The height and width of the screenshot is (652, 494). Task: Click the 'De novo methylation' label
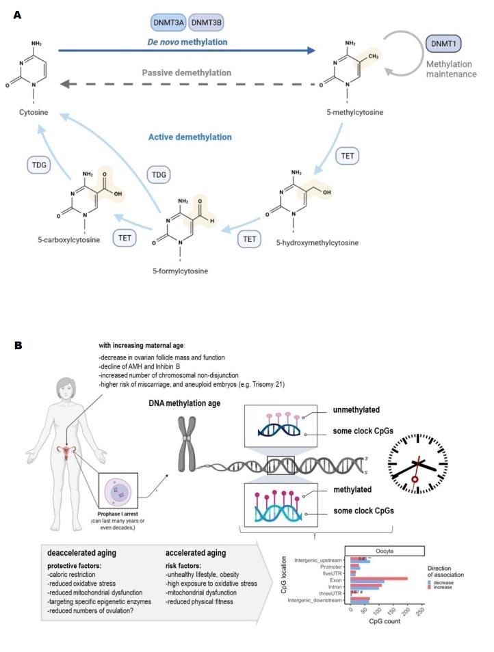pyautogui.click(x=187, y=42)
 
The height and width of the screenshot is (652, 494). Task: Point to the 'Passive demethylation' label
pyautogui.click(x=187, y=72)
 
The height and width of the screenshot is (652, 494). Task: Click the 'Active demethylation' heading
pyautogui.click(x=190, y=137)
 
